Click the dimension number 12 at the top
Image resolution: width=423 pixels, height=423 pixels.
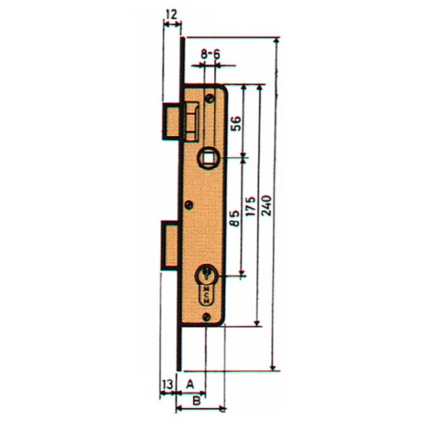(171, 14)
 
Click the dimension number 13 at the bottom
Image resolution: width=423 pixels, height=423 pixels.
(167, 384)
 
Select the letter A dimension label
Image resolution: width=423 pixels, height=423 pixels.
(191, 384)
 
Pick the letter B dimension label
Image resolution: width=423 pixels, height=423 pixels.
(197, 401)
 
